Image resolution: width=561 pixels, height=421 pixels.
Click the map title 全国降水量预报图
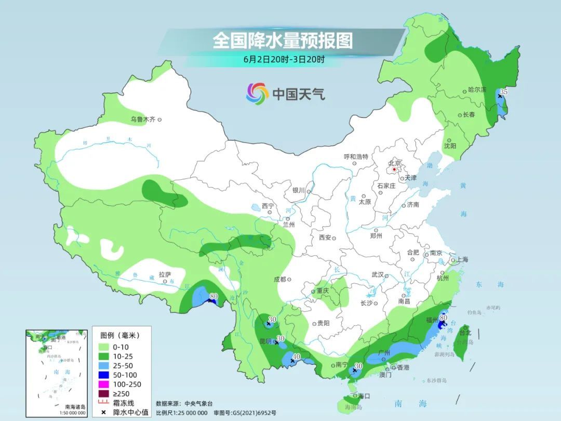pyautogui.click(x=282, y=41)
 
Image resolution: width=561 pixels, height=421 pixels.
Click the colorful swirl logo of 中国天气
pyautogui.click(x=257, y=94)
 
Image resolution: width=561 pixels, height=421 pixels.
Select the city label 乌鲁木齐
pyautogui.click(x=143, y=120)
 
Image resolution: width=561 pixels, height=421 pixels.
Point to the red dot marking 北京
pyautogui.click(x=395, y=169)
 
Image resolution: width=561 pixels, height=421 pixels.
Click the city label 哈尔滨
pyautogui.click(x=476, y=90)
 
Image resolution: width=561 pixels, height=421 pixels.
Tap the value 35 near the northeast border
pyautogui.click(x=504, y=91)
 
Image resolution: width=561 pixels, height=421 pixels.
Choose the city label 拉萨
pyautogui.click(x=165, y=274)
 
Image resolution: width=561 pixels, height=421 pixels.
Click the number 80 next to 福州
pyautogui.click(x=444, y=317)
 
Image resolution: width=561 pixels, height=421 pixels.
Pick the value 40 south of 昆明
pyautogui.click(x=297, y=357)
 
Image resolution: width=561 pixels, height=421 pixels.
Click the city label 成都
pyautogui.click(x=279, y=279)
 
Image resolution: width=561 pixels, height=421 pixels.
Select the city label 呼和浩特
pyautogui.click(x=356, y=156)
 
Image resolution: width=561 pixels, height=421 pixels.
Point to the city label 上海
pyautogui.click(x=462, y=260)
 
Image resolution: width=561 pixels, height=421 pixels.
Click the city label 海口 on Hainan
pyautogui.click(x=364, y=396)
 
